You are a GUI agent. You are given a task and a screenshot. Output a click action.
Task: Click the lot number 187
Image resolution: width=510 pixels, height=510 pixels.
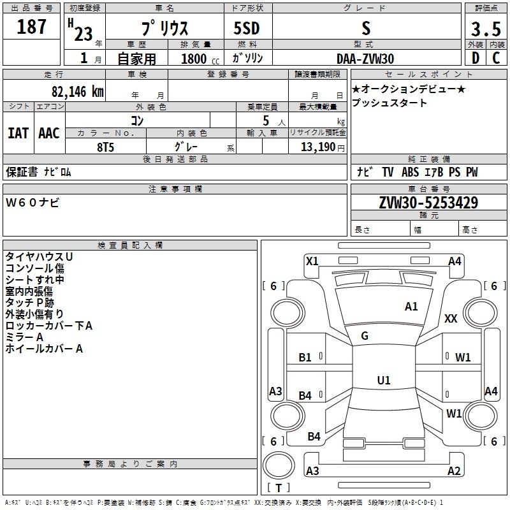pyautogui.click(x=31, y=27)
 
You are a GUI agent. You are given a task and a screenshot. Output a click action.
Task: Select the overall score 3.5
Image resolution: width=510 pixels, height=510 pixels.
pyautogui.click(x=486, y=29)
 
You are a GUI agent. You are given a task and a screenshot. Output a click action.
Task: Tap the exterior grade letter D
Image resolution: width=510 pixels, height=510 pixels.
pyautogui.click(x=476, y=58)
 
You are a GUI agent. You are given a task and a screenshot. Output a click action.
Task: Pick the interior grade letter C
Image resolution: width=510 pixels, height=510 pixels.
pyautogui.click(x=496, y=58)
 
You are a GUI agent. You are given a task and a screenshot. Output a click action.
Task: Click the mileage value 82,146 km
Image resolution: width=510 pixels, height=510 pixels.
pyautogui.click(x=77, y=92)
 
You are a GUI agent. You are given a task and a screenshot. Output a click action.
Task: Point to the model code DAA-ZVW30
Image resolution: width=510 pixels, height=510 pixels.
pyautogui.click(x=365, y=59)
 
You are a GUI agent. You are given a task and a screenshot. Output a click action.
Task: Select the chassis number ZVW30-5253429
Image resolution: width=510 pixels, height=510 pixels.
pyautogui.click(x=428, y=203)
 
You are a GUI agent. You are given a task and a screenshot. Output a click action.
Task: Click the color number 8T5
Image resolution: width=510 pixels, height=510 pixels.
pyautogui.click(x=105, y=147)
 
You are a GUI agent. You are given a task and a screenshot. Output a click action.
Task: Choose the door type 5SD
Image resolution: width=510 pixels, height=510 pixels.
pyautogui.click(x=247, y=28)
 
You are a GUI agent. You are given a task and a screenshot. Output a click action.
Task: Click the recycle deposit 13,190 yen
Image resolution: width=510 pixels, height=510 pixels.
pyautogui.click(x=323, y=147)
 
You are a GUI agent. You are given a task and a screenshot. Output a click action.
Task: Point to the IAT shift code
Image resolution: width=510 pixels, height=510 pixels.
pyautogui.click(x=18, y=133)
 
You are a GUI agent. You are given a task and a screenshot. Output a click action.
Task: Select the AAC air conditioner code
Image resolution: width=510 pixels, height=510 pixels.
pyautogui.click(x=49, y=133)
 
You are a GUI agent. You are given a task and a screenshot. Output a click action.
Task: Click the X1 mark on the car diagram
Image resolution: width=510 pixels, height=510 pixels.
pyautogui.click(x=312, y=261)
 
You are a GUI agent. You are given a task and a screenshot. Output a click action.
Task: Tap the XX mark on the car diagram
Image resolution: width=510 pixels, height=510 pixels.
pyautogui.click(x=451, y=318)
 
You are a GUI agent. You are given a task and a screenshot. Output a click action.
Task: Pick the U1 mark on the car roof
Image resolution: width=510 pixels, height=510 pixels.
pyautogui.click(x=384, y=380)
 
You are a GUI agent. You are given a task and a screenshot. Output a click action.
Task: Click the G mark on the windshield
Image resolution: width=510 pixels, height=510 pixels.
pyautogui.click(x=365, y=336)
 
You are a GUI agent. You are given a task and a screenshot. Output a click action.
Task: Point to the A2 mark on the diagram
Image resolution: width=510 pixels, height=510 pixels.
pyautogui.click(x=454, y=470)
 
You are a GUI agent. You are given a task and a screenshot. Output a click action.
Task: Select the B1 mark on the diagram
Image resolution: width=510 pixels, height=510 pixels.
pyautogui.click(x=305, y=358)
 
